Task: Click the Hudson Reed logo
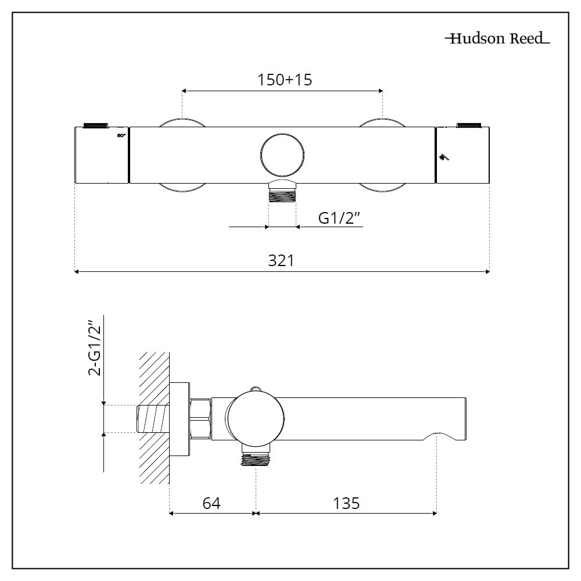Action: coord(496,40)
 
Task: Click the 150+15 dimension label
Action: coord(285,80)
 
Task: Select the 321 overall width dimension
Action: coord(281,261)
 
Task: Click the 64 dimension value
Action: coord(211,503)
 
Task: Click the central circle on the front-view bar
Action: coord(282,155)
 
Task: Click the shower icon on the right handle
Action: coord(444,156)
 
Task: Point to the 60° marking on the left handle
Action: coord(121,135)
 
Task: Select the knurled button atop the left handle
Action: coord(96,124)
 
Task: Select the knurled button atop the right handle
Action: coord(469,124)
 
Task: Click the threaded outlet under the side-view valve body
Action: coord(256,460)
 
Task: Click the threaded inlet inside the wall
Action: coord(152,419)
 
